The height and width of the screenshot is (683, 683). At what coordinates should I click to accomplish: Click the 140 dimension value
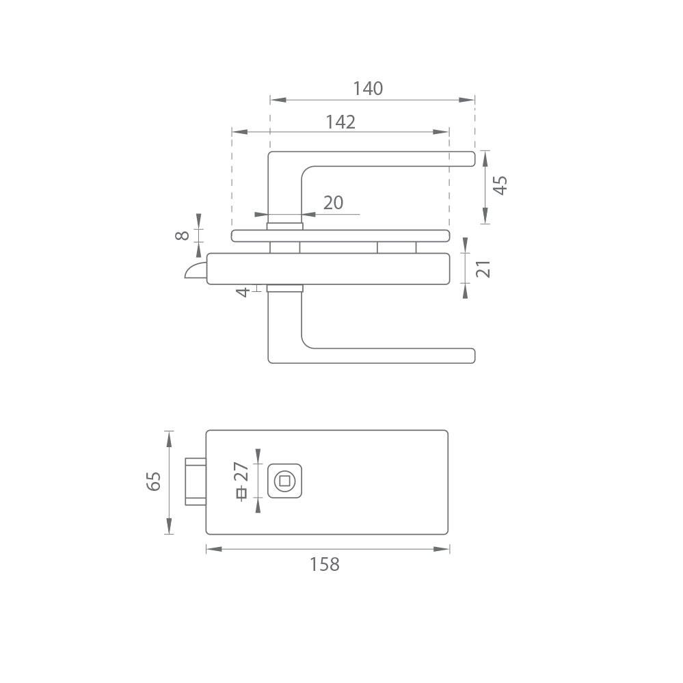pyautogui.click(x=368, y=88)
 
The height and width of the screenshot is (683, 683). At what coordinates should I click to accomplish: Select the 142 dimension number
pyautogui.click(x=340, y=122)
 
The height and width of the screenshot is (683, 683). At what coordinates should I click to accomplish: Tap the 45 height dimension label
pyautogui.click(x=500, y=185)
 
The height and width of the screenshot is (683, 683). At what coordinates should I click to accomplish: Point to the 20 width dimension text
pyautogui.click(x=333, y=202)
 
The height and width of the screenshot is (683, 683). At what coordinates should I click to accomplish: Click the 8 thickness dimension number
pyautogui.click(x=182, y=236)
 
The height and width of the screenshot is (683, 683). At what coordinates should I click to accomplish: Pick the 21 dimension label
pyautogui.click(x=483, y=269)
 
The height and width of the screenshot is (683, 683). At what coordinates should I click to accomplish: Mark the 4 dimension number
pyautogui.click(x=243, y=292)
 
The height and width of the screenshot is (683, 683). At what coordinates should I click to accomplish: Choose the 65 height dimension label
pyautogui.click(x=153, y=481)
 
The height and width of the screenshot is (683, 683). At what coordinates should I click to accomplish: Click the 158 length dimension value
pyautogui.click(x=325, y=565)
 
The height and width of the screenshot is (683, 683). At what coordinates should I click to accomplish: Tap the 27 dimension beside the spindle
pyautogui.click(x=241, y=471)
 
